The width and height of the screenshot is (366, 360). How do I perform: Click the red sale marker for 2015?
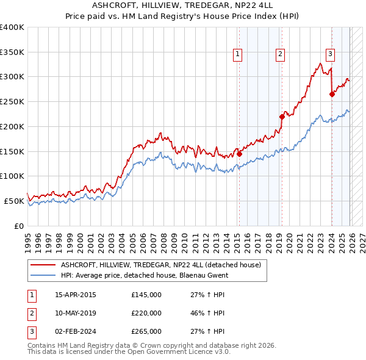239,154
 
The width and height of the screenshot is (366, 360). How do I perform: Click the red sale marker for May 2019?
282,117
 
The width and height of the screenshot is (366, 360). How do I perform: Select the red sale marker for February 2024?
332,94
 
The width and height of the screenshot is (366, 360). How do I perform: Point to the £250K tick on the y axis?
12,102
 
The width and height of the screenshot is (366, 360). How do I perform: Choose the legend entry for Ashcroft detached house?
160,265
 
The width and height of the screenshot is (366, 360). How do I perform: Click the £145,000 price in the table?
146,295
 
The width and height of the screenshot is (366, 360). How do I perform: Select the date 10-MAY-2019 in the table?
76,313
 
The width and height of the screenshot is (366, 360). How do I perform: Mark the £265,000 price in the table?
146,331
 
